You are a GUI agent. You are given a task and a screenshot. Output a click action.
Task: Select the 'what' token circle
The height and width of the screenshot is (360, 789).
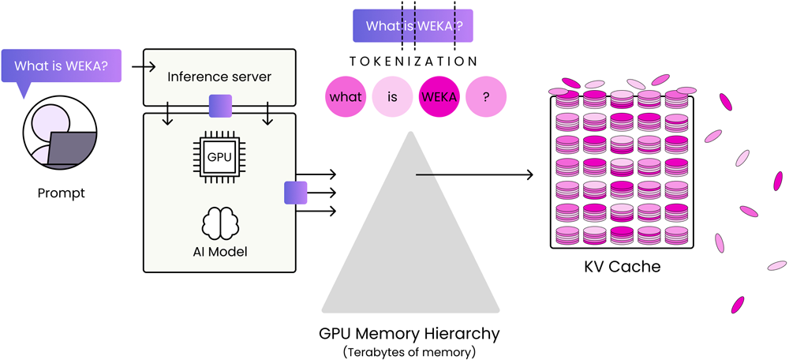tap(346, 96)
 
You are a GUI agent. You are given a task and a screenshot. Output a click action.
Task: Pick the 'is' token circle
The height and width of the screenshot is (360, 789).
tap(392, 96)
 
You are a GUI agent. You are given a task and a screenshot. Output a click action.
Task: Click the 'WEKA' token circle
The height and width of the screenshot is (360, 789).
tap(439, 96)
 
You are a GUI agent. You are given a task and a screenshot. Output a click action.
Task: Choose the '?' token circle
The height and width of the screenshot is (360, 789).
tap(485, 96)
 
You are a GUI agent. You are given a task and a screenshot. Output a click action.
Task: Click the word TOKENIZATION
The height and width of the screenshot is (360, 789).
tap(413, 62)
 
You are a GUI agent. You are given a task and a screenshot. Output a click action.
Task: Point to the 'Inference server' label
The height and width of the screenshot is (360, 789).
tap(219, 77)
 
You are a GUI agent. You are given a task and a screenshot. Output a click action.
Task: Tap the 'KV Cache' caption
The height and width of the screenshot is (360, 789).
tap(622, 266)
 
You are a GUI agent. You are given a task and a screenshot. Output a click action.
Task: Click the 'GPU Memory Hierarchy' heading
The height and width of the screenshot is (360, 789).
tap(410, 333)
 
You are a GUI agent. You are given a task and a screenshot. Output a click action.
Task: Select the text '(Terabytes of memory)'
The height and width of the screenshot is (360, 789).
tap(409, 352)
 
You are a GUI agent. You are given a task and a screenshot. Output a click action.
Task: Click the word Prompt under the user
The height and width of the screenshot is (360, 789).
tap(62, 193)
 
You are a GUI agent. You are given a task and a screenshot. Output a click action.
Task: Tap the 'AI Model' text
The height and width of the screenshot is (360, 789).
tap(220, 251)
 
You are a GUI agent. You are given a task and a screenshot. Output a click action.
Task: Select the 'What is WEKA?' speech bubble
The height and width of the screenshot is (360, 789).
tap(62, 66)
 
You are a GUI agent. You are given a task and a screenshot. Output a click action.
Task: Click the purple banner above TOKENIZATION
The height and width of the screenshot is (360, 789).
tap(413, 26)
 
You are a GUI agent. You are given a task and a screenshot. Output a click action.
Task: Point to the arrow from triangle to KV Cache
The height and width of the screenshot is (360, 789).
tap(474, 174)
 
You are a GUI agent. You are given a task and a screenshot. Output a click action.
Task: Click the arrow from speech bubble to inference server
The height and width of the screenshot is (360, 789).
tap(144, 66)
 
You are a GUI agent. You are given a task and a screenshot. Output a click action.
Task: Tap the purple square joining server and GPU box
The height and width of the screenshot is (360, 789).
tap(220, 106)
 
